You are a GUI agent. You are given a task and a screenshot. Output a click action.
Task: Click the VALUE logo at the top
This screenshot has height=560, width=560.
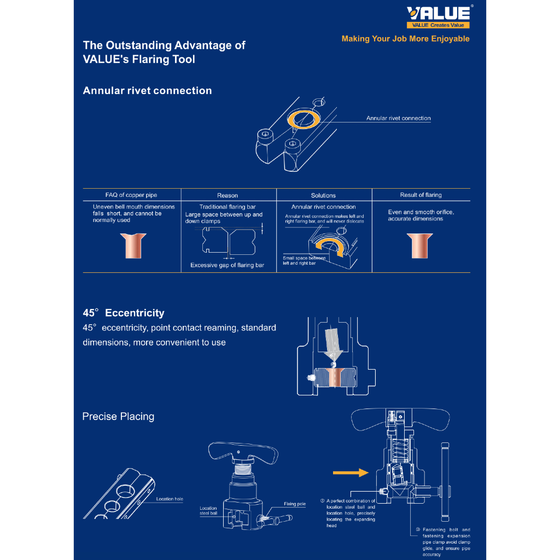tap(438, 14)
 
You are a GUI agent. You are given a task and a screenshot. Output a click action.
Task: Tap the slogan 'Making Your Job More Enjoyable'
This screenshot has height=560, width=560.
tap(405, 39)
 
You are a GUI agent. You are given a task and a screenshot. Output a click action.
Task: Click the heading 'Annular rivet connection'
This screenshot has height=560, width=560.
tap(147, 91)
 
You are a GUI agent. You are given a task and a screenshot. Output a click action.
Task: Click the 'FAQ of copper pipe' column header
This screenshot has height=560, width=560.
tap(131, 195)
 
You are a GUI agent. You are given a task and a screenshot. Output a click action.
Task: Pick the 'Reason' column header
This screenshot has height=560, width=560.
tap(227, 195)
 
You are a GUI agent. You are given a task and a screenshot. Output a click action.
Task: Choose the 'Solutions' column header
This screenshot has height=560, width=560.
tap(323, 195)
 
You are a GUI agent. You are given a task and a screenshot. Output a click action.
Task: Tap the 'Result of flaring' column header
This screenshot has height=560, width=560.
tap(421, 195)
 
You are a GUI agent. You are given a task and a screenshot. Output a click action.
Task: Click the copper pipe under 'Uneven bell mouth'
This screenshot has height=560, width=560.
tap(131, 246)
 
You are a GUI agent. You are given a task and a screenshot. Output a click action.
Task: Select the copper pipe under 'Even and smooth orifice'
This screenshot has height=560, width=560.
tap(421, 246)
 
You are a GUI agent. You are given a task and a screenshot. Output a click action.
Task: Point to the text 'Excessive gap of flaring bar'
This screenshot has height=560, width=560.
tap(227, 265)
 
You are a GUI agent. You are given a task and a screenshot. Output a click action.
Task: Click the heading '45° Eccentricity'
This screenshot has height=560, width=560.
tap(124, 313)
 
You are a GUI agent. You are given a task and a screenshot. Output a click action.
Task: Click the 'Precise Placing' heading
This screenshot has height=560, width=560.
tap(118, 417)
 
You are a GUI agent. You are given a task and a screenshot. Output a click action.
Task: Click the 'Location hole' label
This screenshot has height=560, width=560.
tap(170, 499)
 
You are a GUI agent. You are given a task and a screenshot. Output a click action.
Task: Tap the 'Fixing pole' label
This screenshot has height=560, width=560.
tap(294, 504)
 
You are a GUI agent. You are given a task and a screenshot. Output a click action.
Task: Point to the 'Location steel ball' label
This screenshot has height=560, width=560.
tap(208, 511)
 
